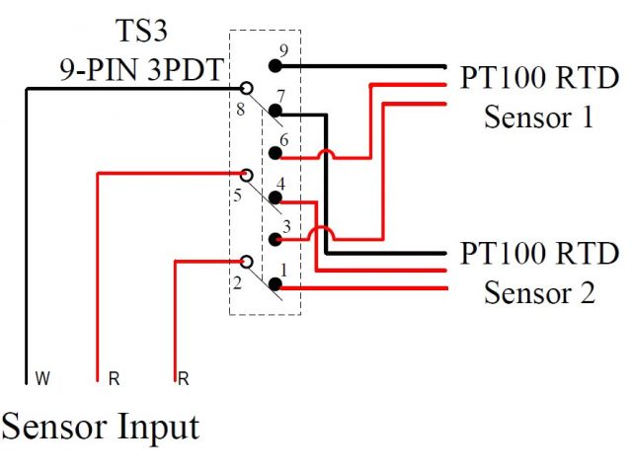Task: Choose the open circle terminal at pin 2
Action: (246, 262)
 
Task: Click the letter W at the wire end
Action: (41, 377)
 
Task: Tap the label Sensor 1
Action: (539, 118)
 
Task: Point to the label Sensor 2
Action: (539, 293)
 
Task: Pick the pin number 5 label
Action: (237, 195)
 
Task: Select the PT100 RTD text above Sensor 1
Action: (539, 78)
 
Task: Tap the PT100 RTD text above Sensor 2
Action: (539, 253)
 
